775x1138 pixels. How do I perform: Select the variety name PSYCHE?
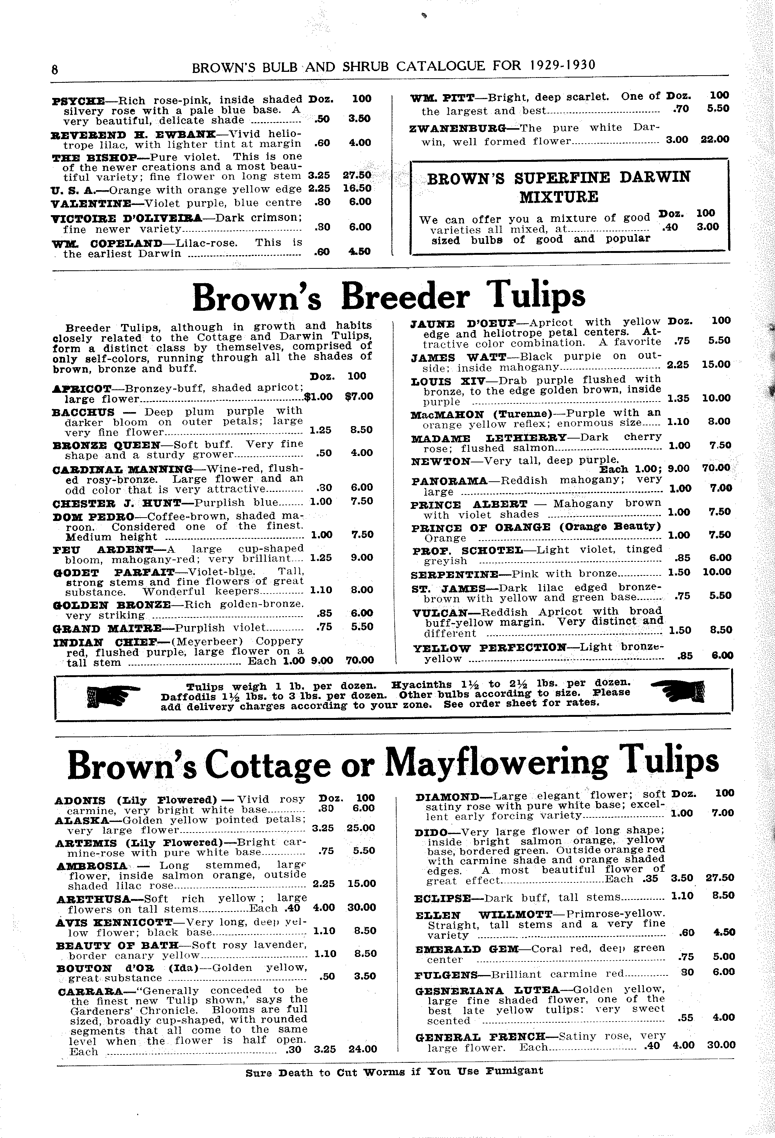point(78,101)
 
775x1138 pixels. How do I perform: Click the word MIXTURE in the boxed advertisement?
point(559,197)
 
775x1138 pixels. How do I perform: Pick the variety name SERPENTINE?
point(454,574)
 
